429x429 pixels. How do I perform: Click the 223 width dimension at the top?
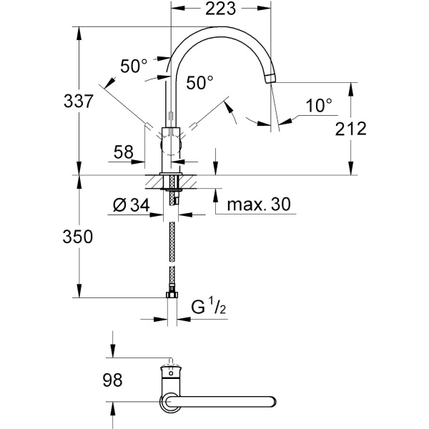click(x=220, y=9)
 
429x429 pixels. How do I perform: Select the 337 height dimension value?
click(x=79, y=101)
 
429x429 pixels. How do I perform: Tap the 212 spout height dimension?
click(x=350, y=129)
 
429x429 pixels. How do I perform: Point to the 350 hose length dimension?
click(x=78, y=237)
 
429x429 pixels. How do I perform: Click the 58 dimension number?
click(x=124, y=152)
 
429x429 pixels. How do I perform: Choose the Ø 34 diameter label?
click(x=132, y=205)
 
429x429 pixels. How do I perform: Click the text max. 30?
click(x=259, y=204)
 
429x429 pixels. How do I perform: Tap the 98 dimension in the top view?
click(x=112, y=380)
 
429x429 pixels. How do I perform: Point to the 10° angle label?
click(x=319, y=106)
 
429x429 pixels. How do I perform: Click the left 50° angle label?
click(x=134, y=66)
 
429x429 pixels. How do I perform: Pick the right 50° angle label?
click(x=199, y=83)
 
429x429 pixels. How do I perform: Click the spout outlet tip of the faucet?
click(x=270, y=79)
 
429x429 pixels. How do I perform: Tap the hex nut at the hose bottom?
click(x=172, y=295)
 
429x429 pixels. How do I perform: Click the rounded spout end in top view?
click(x=272, y=401)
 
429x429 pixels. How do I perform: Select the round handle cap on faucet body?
click(x=171, y=145)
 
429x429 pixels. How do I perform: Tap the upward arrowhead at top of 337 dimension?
click(x=79, y=33)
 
